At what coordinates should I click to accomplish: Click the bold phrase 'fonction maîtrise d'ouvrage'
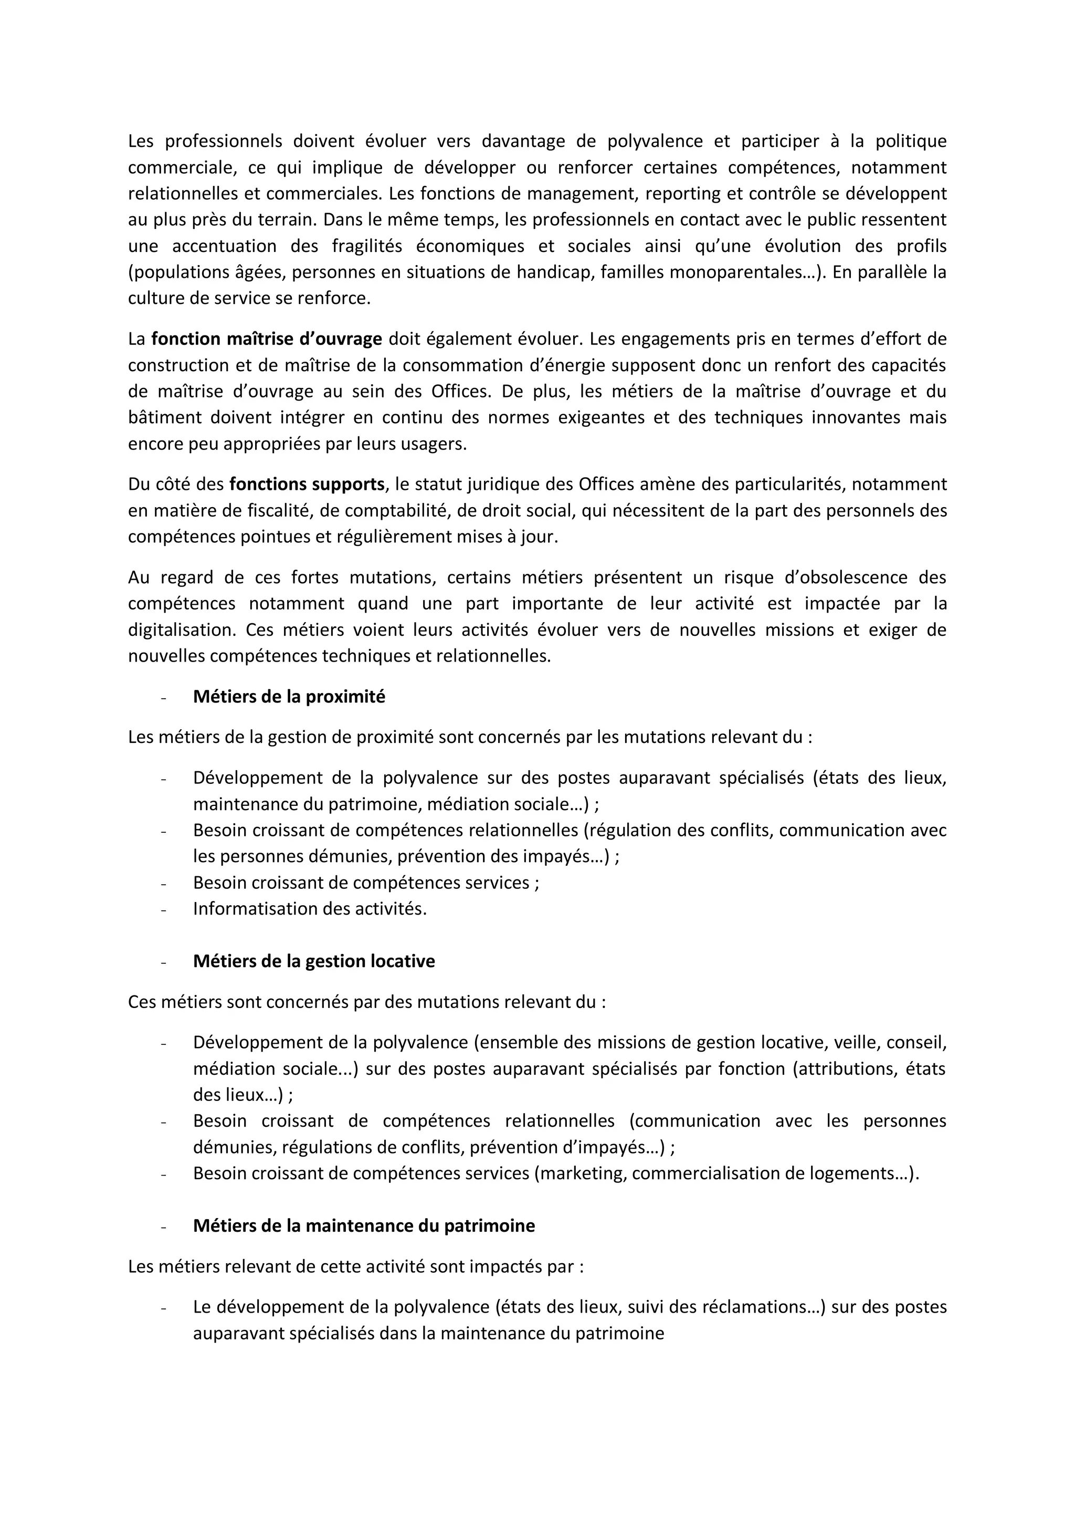(266, 339)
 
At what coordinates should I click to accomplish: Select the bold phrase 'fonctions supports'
(307, 484)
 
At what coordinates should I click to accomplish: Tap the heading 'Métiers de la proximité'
(289, 697)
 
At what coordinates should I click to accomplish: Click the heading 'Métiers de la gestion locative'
(314, 961)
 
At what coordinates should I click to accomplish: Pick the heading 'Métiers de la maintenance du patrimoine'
(364, 1225)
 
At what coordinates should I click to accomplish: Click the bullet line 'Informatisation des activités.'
(309, 909)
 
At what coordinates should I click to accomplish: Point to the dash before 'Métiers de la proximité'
(162, 698)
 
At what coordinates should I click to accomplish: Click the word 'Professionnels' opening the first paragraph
(223, 141)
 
